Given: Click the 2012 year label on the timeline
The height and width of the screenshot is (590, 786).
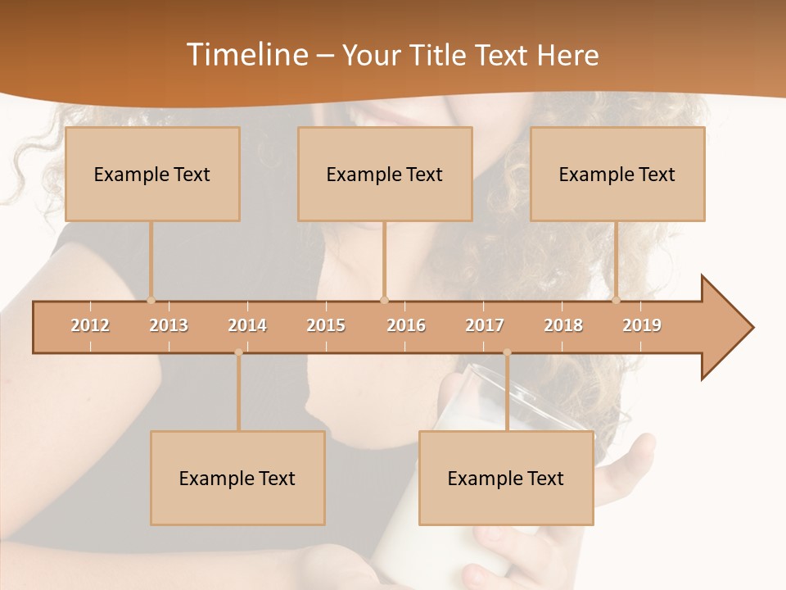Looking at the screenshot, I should tap(90, 325).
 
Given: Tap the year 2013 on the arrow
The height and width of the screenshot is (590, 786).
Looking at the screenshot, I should tap(169, 325).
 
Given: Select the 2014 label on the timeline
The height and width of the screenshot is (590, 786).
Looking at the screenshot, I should tap(247, 325).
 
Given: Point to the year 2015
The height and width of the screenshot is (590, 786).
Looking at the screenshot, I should tap(326, 325).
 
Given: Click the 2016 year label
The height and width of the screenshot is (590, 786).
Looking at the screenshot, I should tap(406, 325).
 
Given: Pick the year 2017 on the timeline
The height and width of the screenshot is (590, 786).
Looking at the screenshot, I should tap(485, 325).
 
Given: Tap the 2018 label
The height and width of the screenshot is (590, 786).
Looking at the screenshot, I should tap(563, 325).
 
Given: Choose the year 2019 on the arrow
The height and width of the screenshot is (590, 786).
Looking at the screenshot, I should tap(642, 325).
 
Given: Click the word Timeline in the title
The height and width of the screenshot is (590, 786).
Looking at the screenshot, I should tap(245, 55).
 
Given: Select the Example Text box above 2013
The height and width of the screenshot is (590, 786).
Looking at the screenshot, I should tap(152, 174).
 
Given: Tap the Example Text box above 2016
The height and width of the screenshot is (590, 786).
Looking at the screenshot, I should tap(385, 174).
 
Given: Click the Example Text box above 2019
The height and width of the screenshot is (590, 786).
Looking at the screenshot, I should tap(617, 174).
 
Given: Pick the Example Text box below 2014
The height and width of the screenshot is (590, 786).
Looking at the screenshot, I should tap(237, 478).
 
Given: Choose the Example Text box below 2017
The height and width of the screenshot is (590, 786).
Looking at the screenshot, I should tap(506, 478).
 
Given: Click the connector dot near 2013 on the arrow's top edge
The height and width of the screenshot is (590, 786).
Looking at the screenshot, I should tap(151, 300).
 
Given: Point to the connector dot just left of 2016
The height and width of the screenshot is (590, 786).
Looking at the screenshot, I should tap(385, 300).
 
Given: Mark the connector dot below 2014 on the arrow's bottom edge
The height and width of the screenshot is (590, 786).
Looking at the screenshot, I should tap(238, 352).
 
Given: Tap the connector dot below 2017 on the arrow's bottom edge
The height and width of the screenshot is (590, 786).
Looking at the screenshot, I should tap(507, 352).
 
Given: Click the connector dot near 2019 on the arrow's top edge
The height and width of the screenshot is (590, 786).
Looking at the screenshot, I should tap(617, 300).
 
